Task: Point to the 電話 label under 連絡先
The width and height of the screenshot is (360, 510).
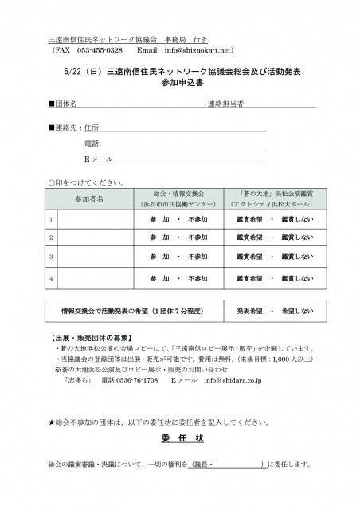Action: (92, 143)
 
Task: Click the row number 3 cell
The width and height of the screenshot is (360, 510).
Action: (52, 257)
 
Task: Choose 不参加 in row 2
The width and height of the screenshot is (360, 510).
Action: (199, 237)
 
